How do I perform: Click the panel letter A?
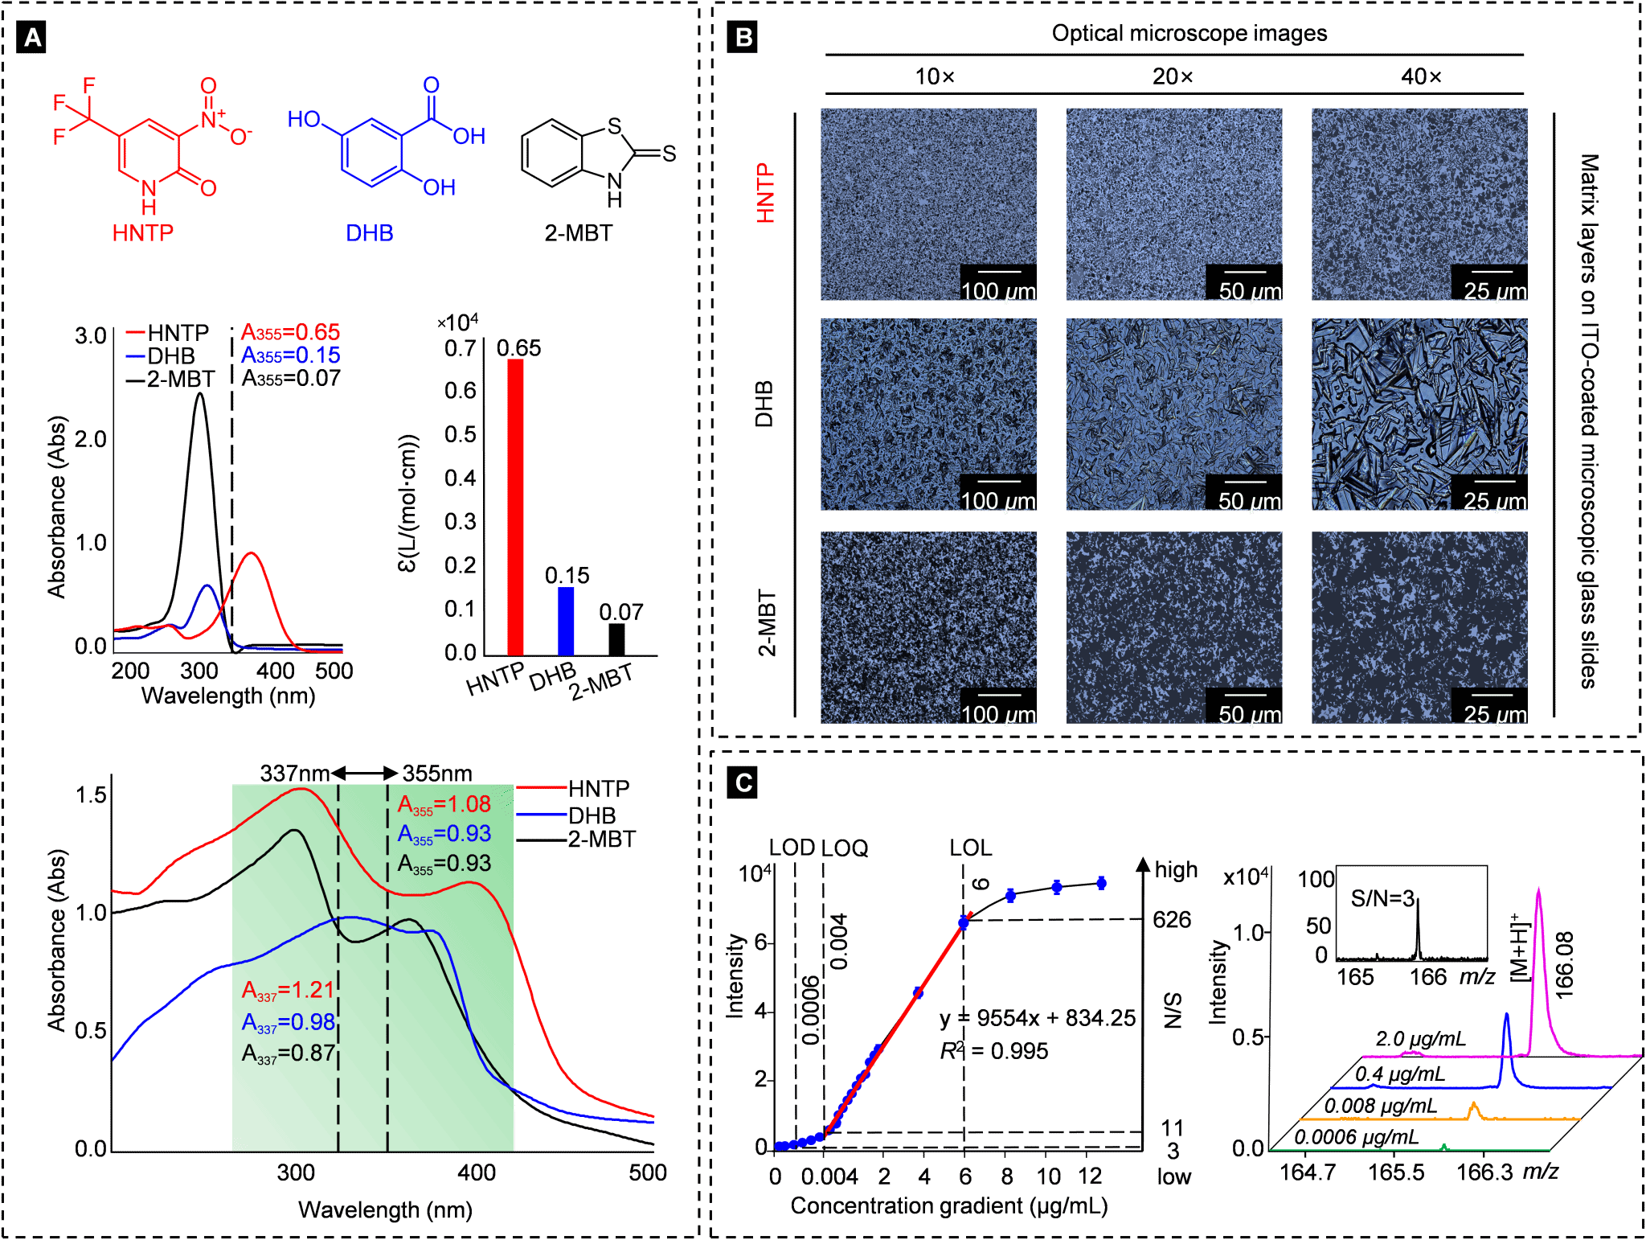tap(32, 38)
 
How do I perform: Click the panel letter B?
tap(743, 38)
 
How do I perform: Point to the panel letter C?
tap(743, 782)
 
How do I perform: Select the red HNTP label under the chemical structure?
tap(142, 233)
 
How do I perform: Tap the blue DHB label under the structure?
tap(369, 233)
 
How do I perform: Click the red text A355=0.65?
tap(290, 332)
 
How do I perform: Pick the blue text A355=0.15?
tap(290, 355)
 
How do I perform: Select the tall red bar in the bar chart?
tap(515, 507)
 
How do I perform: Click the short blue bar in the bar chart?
tap(566, 621)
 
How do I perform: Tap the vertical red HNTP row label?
tap(765, 194)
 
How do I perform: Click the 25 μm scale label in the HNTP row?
tap(1494, 291)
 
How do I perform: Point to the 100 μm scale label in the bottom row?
tap(998, 714)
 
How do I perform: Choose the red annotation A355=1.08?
tap(444, 805)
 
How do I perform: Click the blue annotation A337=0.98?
tap(288, 1023)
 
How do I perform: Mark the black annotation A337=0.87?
tap(288, 1053)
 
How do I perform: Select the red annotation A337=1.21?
tap(288, 991)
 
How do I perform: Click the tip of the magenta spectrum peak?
tap(1538, 889)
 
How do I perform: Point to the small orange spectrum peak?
tap(1473, 1105)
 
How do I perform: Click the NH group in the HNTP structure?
tap(149, 198)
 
